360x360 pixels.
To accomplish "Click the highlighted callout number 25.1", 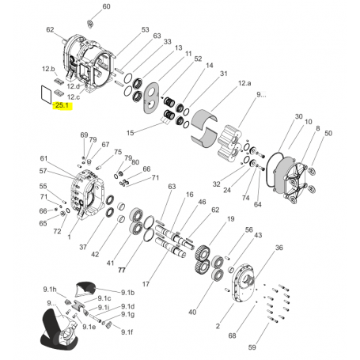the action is (62, 105).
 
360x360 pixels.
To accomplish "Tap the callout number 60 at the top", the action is (106, 6).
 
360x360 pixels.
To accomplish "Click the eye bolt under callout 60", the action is (90, 23).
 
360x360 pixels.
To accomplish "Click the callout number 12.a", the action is (244, 83).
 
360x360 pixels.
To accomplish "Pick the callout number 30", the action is (298, 116).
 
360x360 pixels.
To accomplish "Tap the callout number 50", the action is (328, 134).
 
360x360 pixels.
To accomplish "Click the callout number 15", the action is (131, 133).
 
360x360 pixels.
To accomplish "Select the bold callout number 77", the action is (122, 270).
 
